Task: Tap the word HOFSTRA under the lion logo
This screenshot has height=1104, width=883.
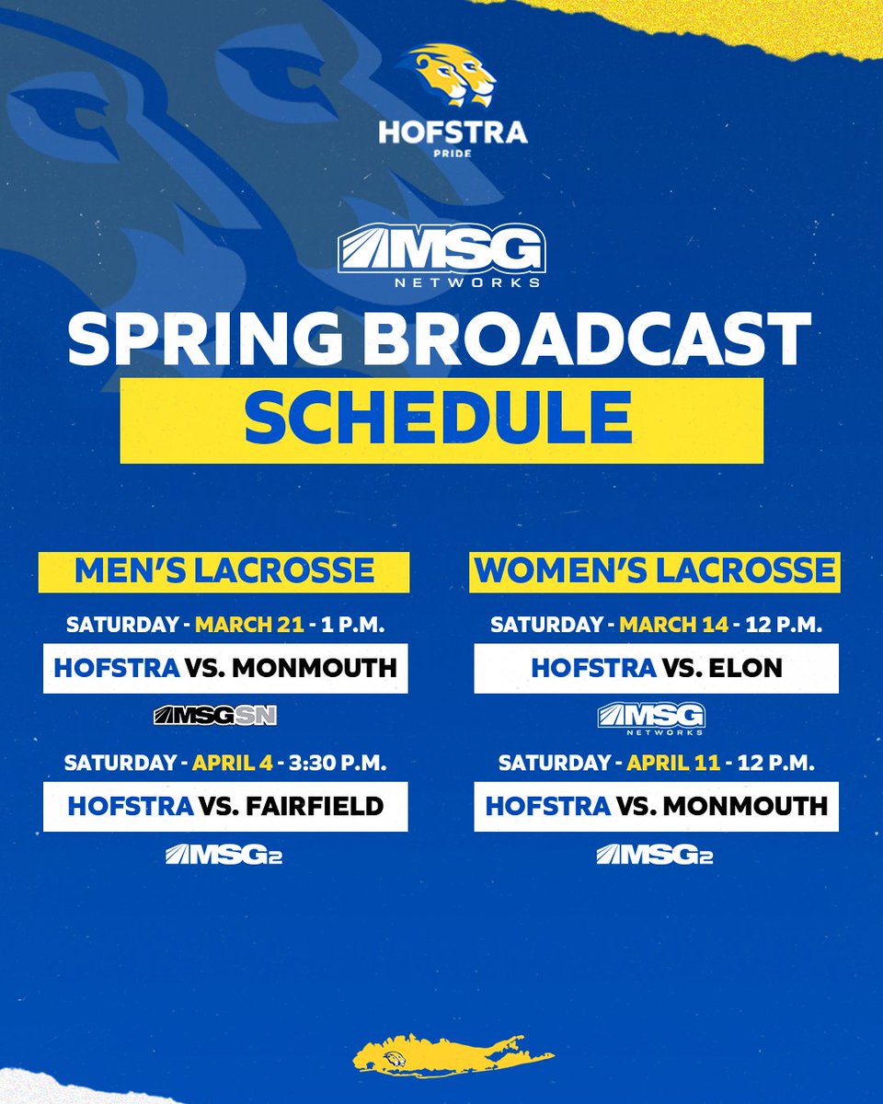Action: coord(453,132)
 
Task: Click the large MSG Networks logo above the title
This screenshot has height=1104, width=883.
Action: coord(441,259)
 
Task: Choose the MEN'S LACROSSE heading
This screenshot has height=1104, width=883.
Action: coord(224,570)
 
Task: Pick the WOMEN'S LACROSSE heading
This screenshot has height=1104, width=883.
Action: coord(655,570)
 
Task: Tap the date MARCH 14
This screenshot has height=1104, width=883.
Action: coord(673,625)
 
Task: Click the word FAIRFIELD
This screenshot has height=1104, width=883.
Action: coord(315,807)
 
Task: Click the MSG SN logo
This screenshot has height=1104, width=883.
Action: coord(215,715)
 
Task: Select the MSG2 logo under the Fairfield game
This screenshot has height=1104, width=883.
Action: coord(224,856)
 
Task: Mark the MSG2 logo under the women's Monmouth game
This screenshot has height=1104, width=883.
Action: coord(654,856)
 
